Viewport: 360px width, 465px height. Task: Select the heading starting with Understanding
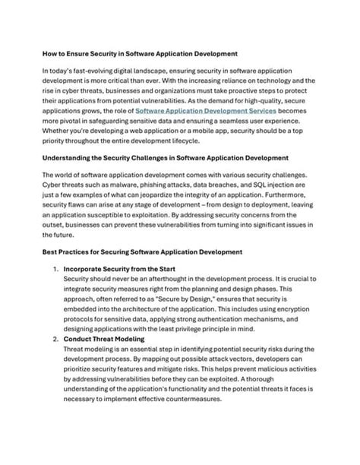[165, 157]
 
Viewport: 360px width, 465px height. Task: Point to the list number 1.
[55, 268]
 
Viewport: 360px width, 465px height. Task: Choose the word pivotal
[74, 120]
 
